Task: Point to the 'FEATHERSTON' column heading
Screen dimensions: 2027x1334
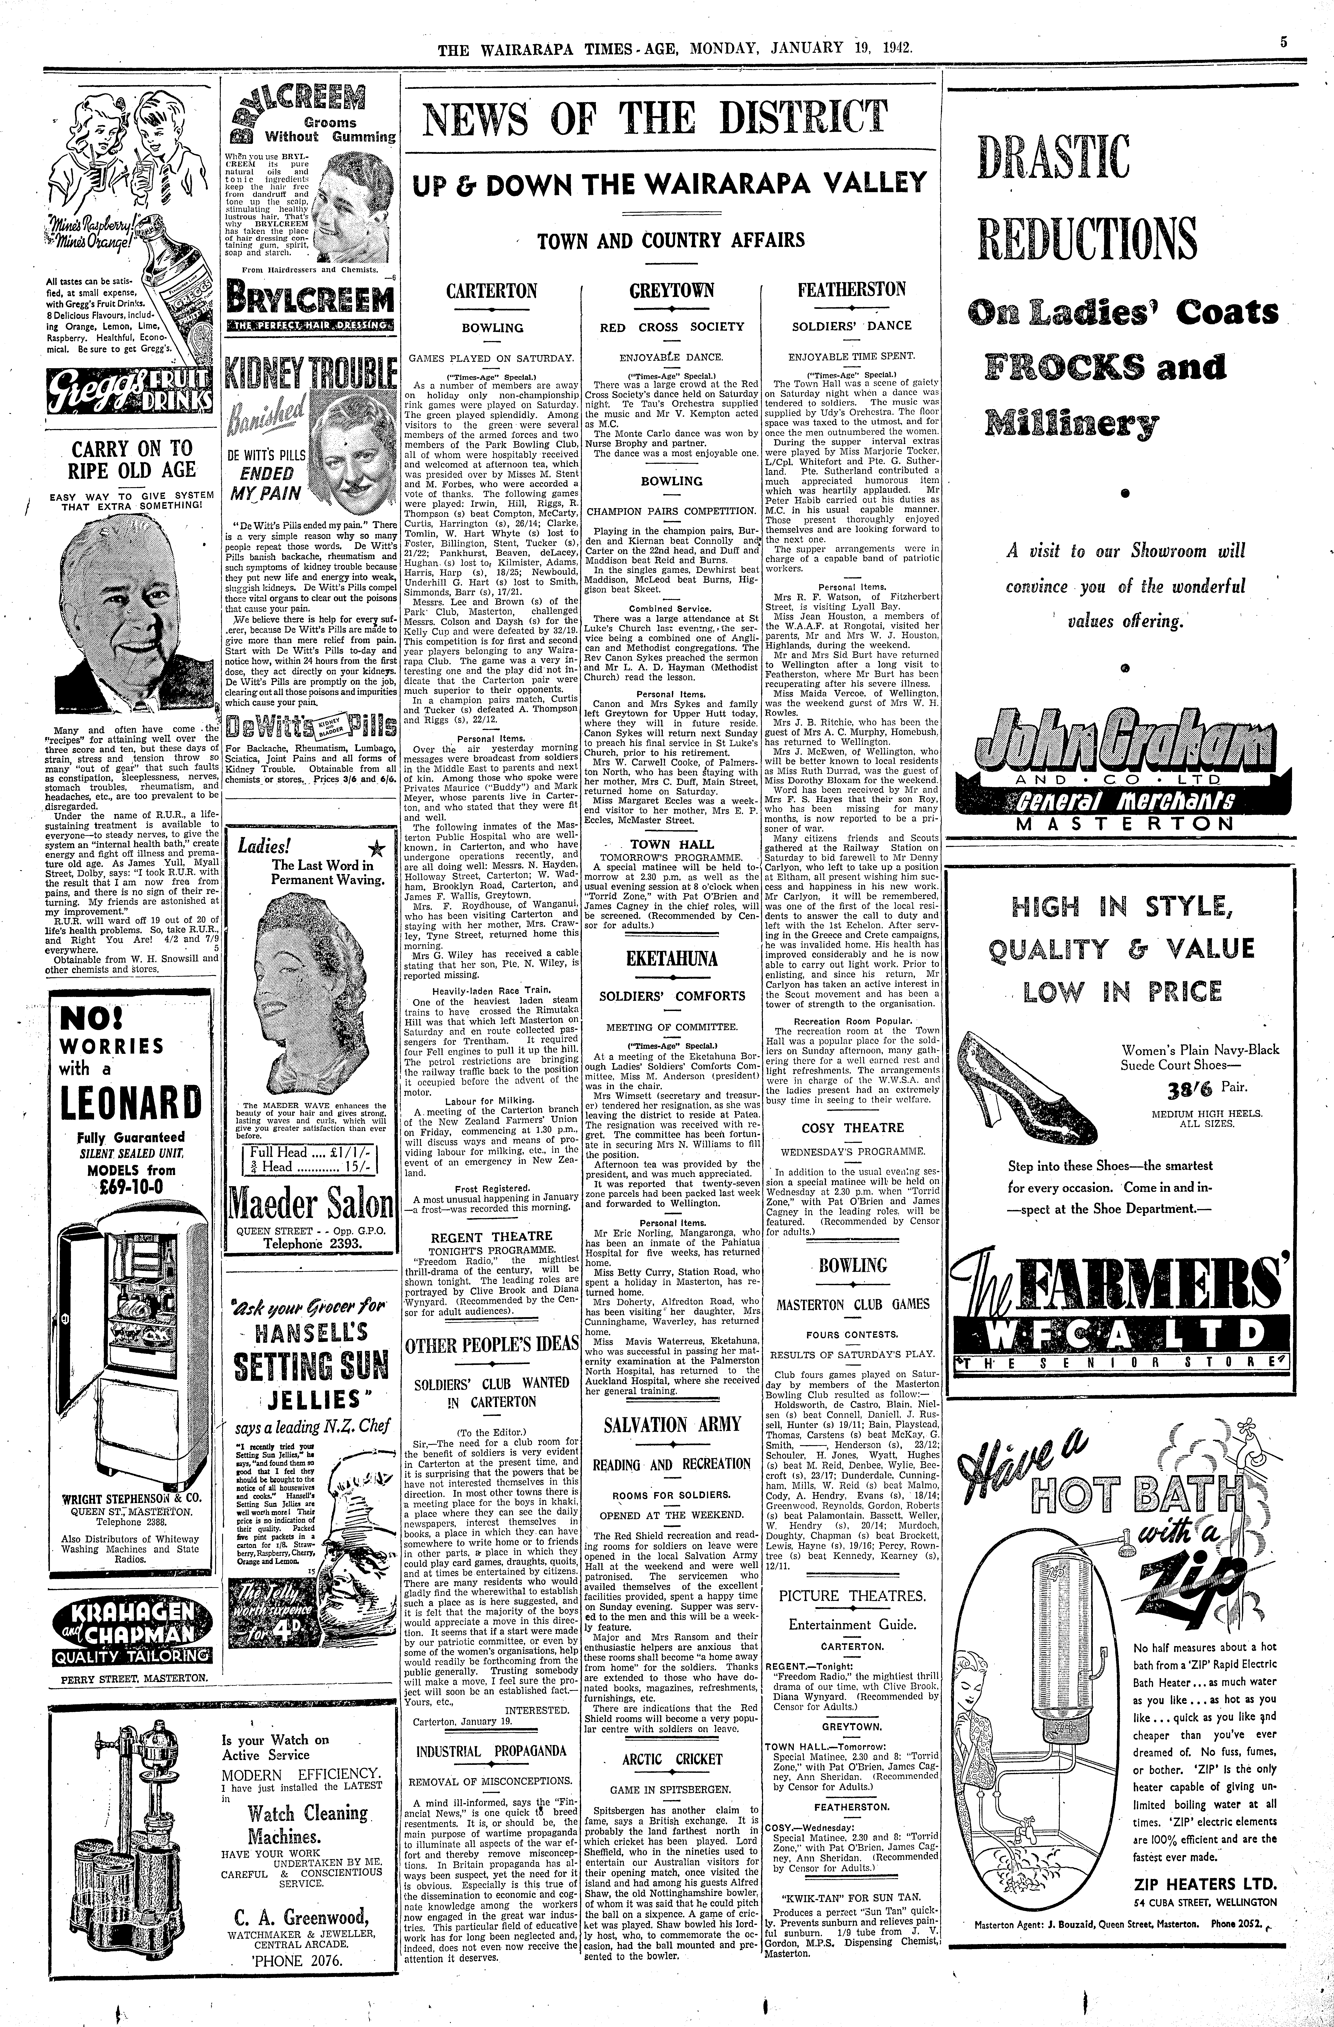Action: (851, 289)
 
